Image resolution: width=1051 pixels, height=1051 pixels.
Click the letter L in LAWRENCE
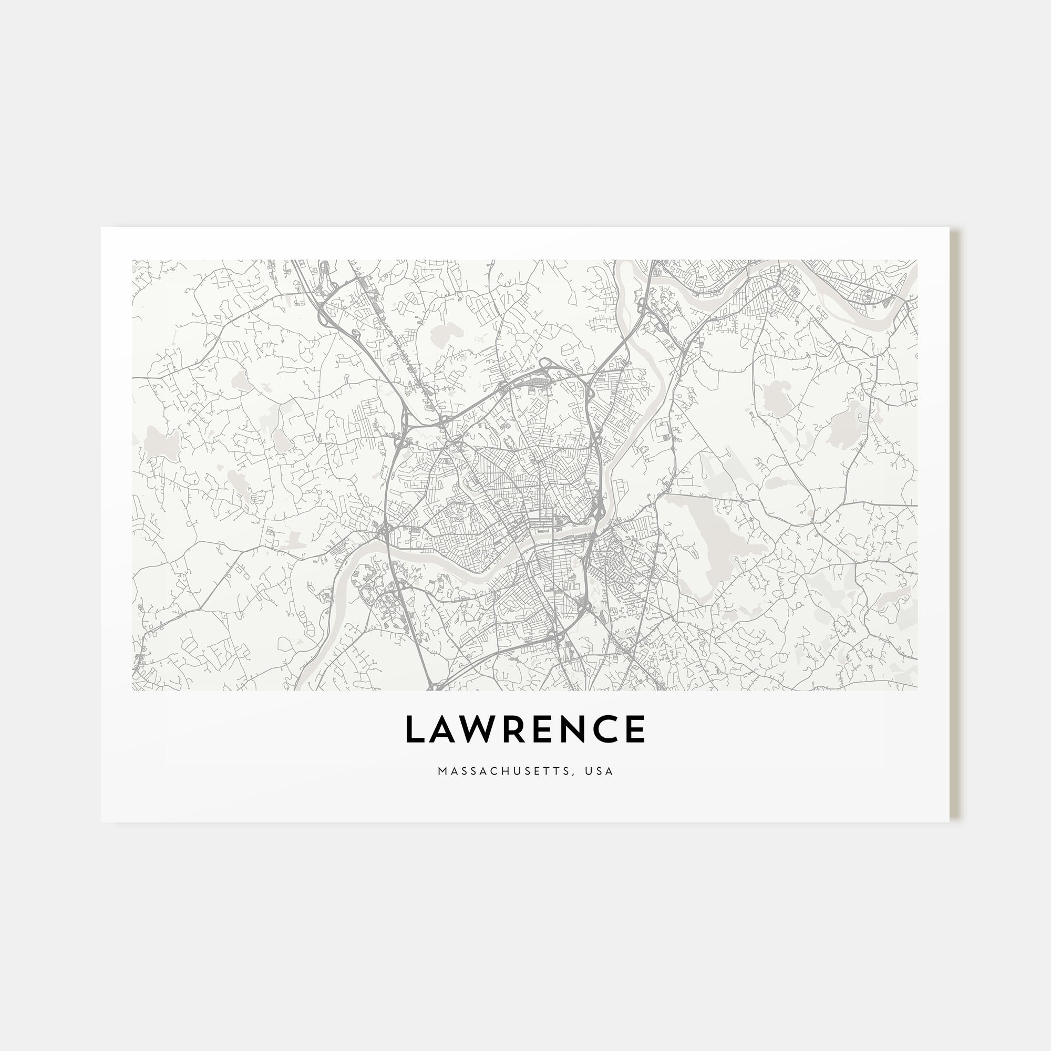tap(415, 729)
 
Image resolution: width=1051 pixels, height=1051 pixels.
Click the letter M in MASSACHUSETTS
tap(441, 771)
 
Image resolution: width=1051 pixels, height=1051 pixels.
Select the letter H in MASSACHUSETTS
tap(504, 771)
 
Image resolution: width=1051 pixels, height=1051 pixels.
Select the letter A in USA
tap(610, 771)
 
